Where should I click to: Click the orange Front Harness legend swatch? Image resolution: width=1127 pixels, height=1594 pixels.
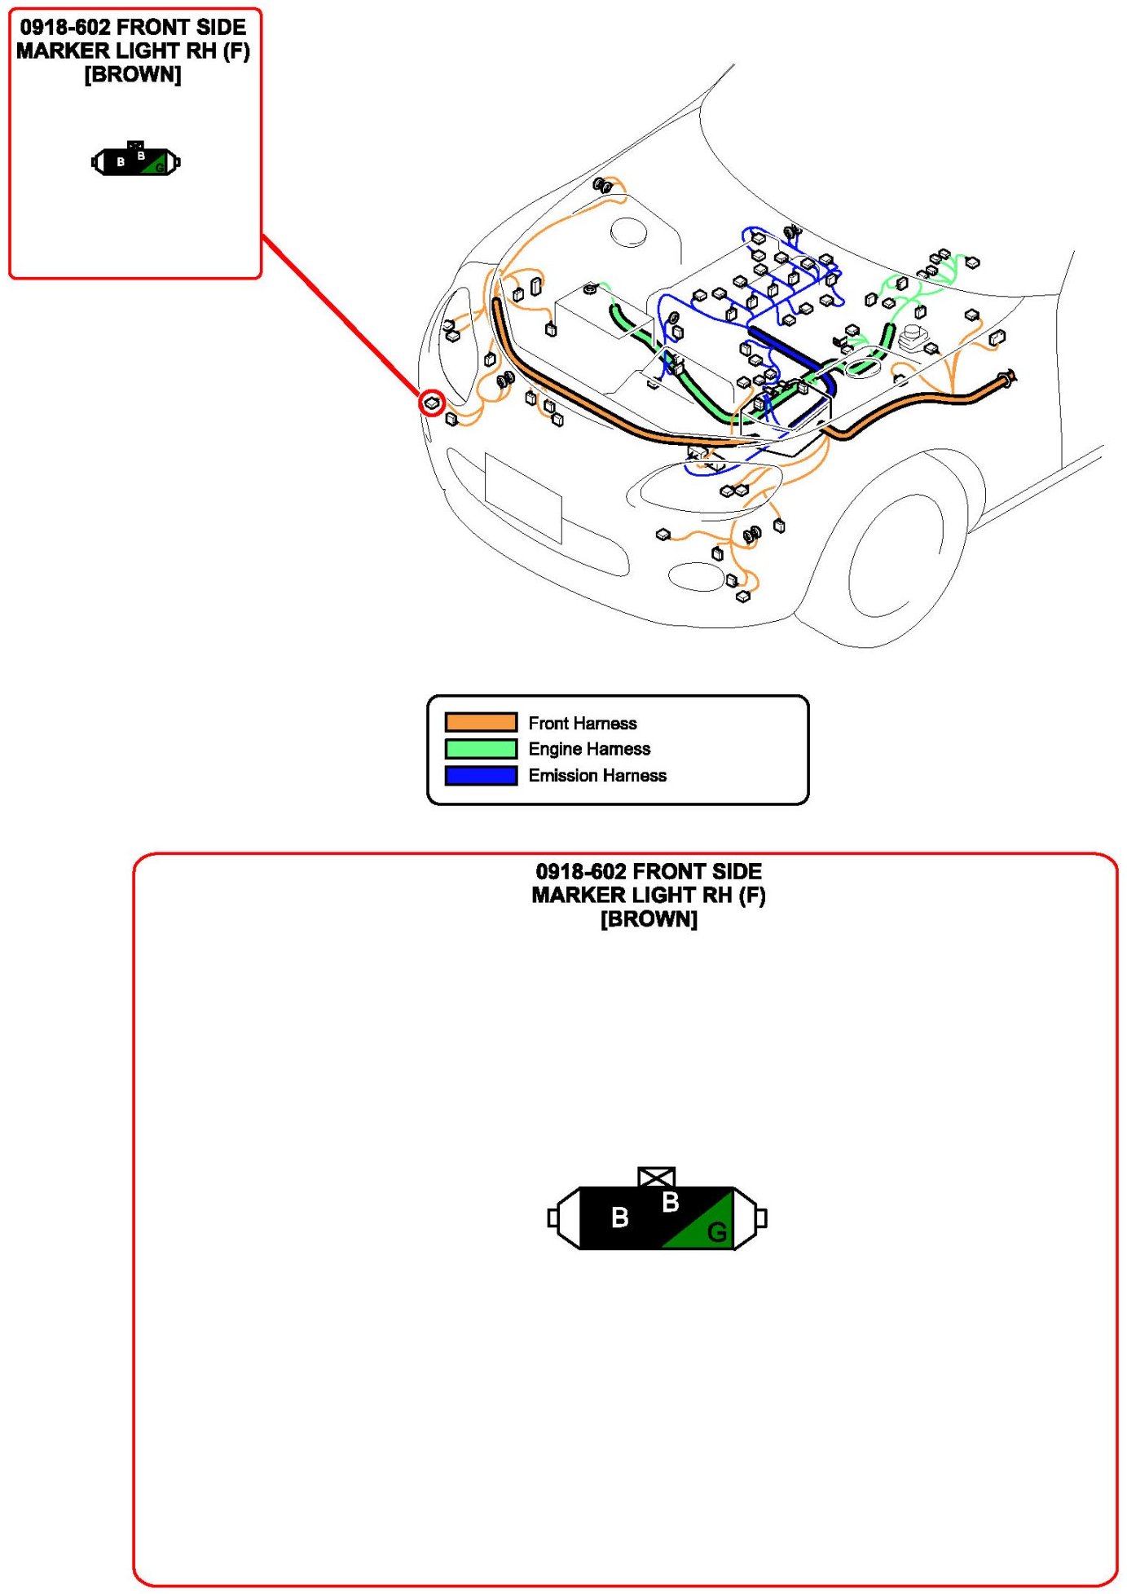(481, 722)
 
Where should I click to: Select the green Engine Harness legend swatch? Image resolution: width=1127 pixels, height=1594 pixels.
(481, 748)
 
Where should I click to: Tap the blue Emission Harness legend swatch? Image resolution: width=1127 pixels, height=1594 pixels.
(481, 775)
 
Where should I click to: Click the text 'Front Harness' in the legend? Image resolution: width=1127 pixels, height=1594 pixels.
(582, 723)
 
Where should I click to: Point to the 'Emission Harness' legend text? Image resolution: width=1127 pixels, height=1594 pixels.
(597, 775)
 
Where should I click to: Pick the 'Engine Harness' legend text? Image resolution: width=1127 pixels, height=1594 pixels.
(589, 749)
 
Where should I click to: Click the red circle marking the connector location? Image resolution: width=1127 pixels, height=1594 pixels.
(432, 403)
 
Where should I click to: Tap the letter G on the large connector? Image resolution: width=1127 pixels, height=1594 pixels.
(716, 1231)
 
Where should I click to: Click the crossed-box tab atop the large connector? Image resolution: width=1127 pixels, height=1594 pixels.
(656, 1177)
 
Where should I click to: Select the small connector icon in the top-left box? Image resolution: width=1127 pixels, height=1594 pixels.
(135, 161)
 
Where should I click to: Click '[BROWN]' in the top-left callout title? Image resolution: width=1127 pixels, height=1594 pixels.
(133, 75)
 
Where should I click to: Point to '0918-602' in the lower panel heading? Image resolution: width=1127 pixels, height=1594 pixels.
(580, 871)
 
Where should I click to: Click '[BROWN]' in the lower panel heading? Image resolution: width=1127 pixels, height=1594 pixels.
(649, 919)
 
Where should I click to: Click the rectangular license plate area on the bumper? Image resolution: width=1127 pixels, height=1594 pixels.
(522, 497)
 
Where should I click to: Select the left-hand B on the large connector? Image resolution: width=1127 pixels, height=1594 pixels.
(619, 1218)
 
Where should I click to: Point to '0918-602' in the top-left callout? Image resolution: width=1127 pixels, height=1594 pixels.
(64, 27)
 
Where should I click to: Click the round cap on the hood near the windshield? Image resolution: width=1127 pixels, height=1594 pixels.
(629, 231)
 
